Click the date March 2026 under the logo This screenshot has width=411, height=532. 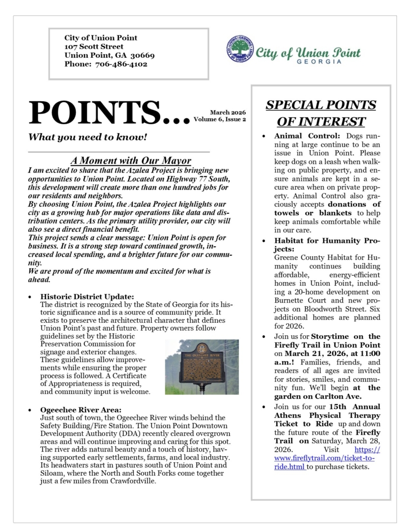(228, 112)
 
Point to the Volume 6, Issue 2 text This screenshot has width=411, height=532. (220, 119)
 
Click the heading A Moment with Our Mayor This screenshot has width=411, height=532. (131, 160)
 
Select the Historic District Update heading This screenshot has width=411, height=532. (87, 296)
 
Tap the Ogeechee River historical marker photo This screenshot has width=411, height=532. (201, 367)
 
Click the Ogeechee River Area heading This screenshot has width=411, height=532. (81, 410)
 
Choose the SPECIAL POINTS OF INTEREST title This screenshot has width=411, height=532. (321, 113)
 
